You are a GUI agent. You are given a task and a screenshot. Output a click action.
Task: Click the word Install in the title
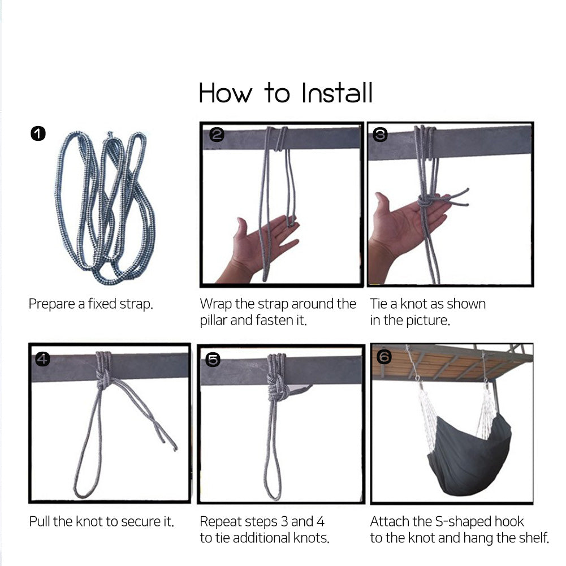(x=337, y=93)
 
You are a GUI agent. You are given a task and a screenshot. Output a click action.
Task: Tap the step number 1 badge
(x=38, y=133)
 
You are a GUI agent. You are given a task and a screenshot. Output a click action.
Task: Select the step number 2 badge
(x=217, y=134)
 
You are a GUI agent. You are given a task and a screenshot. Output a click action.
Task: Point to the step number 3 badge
(x=380, y=134)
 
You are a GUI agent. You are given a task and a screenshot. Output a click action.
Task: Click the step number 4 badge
(x=42, y=359)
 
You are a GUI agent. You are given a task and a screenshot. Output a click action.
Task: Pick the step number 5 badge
(x=213, y=360)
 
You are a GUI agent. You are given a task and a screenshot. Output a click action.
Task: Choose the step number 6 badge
(x=384, y=357)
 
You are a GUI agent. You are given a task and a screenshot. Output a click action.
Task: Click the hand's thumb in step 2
(x=241, y=227)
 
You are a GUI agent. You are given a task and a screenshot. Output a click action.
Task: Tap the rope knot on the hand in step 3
(x=425, y=201)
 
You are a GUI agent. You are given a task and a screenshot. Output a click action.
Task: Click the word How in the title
(x=225, y=93)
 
